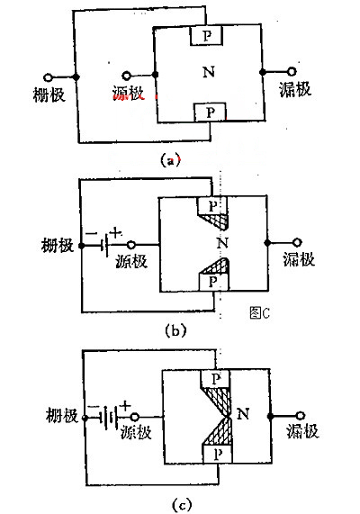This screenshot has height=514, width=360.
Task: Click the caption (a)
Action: [169, 160]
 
